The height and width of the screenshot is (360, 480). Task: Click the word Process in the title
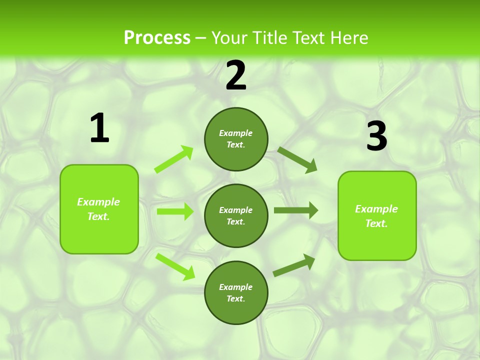pyautogui.click(x=157, y=38)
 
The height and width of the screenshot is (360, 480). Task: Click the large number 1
pyautogui.click(x=99, y=128)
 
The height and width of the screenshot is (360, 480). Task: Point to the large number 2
pyautogui.click(x=236, y=75)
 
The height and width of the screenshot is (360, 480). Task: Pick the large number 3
pyautogui.click(x=376, y=136)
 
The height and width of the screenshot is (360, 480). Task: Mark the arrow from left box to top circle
pyautogui.click(x=174, y=159)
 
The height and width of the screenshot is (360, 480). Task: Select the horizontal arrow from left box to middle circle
pyautogui.click(x=175, y=211)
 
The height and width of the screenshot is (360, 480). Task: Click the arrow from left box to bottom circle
pyautogui.click(x=175, y=266)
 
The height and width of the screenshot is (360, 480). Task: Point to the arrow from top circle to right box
pyautogui.click(x=297, y=159)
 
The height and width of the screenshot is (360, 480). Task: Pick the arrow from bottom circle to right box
pyautogui.click(x=294, y=265)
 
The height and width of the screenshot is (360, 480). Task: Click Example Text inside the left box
pyautogui.click(x=98, y=209)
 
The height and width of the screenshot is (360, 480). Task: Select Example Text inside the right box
pyautogui.click(x=376, y=216)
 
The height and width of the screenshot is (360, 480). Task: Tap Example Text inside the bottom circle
pyautogui.click(x=236, y=292)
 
